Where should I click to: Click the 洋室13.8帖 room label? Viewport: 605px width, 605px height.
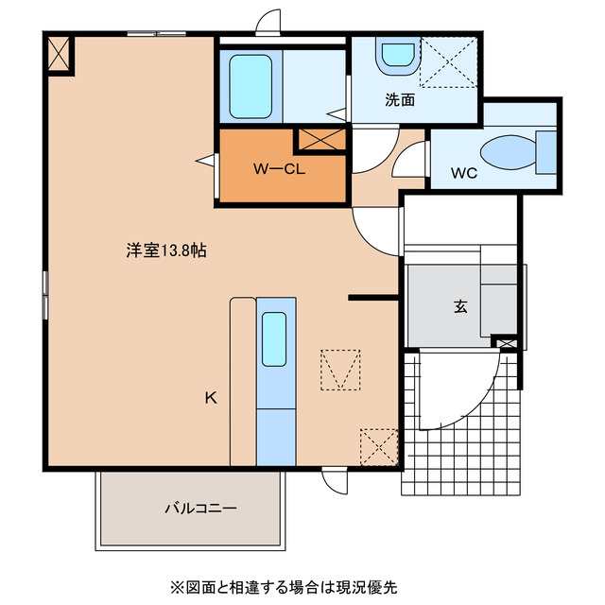pos(166,251)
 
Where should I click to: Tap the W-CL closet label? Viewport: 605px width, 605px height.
pos(277,169)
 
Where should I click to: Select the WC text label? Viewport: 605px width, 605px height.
pos(462,173)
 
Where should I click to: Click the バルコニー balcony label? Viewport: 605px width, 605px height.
pos(200,508)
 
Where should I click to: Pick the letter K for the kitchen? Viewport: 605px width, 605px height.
pos(211,398)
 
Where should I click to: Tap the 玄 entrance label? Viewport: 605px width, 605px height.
pos(460,306)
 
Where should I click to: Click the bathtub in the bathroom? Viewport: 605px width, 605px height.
pos(251,86)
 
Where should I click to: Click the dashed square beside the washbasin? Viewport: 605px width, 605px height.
pos(450,60)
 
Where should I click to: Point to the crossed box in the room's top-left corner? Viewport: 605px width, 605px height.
pos(59,54)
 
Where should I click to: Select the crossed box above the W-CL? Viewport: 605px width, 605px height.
pos(321,140)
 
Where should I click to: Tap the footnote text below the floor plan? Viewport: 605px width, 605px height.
pos(284,586)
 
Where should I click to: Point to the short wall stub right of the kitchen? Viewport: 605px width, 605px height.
pos(372,298)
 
